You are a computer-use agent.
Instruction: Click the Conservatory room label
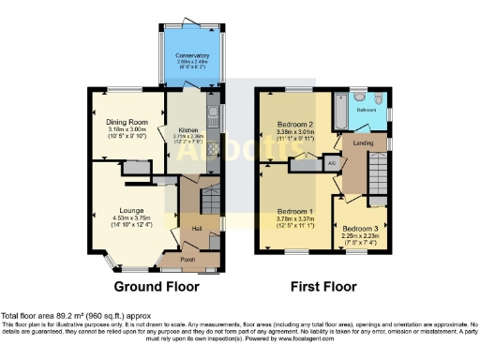[x=192, y=56]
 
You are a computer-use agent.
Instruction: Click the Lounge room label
[x=131, y=211]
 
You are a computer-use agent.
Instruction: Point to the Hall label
[x=197, y=228]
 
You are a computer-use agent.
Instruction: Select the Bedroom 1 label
[x=296, y=211]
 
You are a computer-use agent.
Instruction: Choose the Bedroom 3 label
[x=360, y=229]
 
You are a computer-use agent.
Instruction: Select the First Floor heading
[x=324, y=285]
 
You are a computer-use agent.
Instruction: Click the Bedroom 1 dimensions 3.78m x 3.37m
[x=296, y=221]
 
